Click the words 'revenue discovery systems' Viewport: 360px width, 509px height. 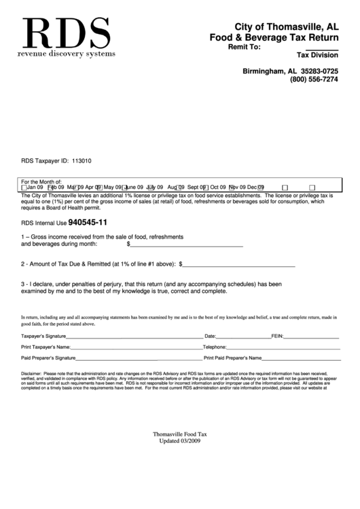click(67, 53)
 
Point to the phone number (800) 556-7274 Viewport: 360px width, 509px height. click(314, 80)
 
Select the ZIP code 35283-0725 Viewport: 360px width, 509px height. click(319, 71)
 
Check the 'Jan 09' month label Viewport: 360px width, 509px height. click(35, 188)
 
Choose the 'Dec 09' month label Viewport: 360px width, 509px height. click(256, 188)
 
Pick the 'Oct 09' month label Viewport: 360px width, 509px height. click(218, 188)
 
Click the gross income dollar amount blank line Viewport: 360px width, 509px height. click(187, 245)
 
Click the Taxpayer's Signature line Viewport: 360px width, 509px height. click(139, 338)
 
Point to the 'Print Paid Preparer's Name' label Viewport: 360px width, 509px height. click(233, 357)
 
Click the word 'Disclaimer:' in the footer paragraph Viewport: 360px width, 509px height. click(31, 374)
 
